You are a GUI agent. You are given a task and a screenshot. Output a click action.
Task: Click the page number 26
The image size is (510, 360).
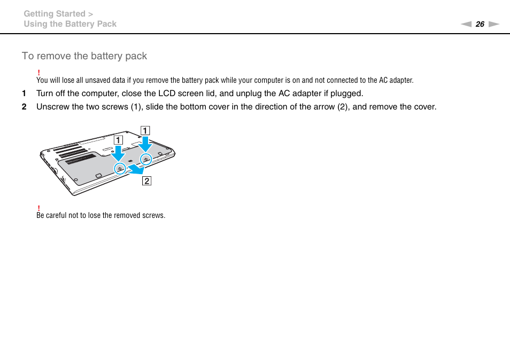pos(480,24)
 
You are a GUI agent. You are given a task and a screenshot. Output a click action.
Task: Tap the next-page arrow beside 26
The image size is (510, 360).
pos(493,24)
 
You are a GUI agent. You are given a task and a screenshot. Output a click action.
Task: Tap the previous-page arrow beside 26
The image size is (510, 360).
pos(466,24)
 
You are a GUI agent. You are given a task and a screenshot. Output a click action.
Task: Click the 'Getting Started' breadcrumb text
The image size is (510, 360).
pos(54,14)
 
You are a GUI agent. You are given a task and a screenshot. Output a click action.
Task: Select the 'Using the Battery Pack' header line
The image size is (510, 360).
pos(69,24)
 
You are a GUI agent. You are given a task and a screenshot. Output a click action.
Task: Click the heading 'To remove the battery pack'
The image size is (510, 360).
pos(84,56)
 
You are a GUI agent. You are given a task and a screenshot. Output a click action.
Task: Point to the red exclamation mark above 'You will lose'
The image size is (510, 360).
pos(38,73)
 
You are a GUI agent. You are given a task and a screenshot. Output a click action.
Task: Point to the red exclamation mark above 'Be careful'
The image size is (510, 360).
pos(38,208)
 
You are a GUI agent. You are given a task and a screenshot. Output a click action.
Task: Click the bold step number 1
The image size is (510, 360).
pos(24,93)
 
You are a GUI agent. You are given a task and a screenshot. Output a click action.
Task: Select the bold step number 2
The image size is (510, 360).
pos(24,107)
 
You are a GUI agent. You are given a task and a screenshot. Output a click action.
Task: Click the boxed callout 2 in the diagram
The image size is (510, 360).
pos(146,181)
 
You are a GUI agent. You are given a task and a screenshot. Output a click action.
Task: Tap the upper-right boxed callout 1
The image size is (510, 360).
pos(145,130)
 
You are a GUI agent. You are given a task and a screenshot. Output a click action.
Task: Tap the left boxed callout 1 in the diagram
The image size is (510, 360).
pos(118,140)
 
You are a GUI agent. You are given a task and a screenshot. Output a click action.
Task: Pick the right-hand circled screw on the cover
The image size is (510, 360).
pos(146,159)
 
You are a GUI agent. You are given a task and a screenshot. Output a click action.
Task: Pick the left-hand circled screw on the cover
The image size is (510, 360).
pos(120,168)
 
